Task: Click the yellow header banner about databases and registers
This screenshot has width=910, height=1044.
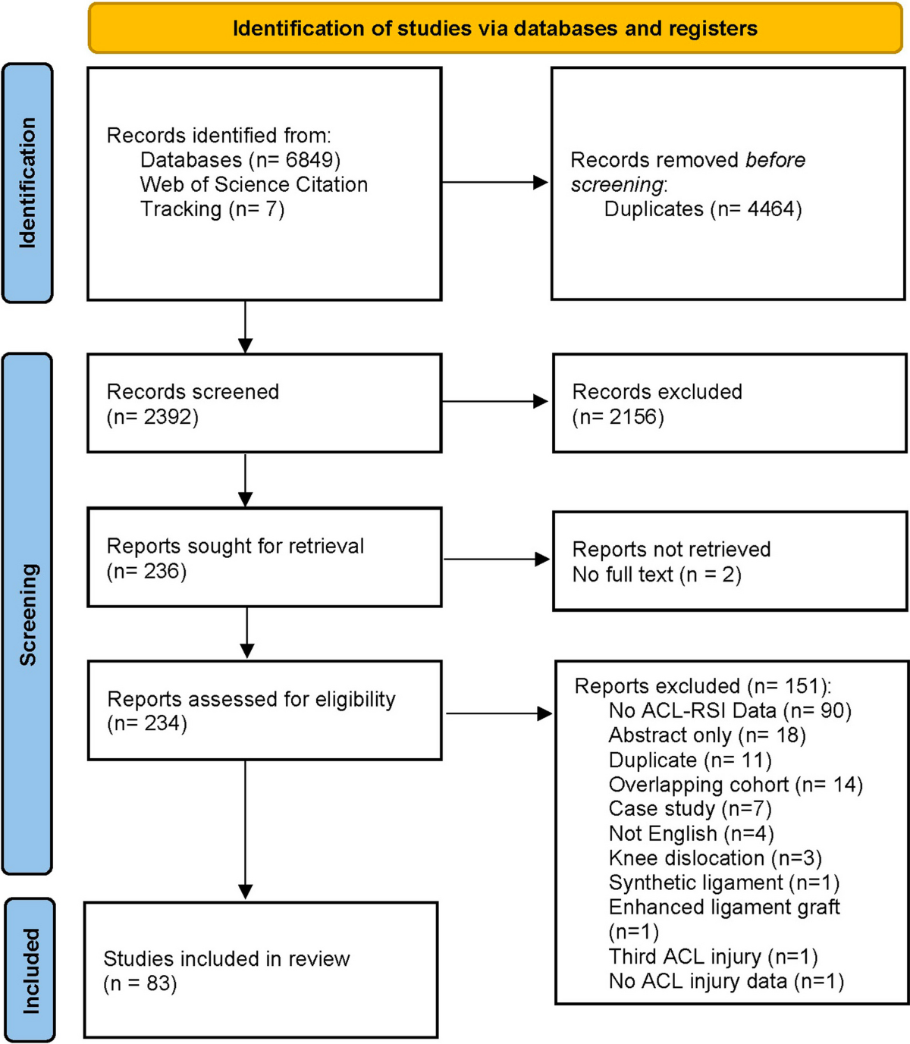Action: click(x=494, y=29)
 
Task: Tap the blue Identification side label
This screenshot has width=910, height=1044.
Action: click(x=28, y=183)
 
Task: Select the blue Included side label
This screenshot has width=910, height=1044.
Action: click(x=30, y=970)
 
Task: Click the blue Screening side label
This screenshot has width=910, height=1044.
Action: click(x=28, y=614)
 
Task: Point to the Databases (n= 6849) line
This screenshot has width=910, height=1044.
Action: click(x=240, y=160)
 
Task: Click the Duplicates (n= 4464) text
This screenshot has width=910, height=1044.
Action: click(x=702, y=209)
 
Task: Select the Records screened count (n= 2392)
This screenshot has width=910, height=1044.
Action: click(x=152, y=417)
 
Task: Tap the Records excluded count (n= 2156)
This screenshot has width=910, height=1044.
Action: click(x=618, y=417)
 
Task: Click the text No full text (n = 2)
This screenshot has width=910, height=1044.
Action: click(x=657, y=575)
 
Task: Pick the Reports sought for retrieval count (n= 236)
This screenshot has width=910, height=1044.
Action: click(x=146, y=571)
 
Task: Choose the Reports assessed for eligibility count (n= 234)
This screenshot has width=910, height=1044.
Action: click(x=147, y=723)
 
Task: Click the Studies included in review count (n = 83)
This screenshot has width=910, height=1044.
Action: click(x=140, y=983)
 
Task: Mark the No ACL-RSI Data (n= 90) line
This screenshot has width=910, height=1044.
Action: click(x=730, y=710)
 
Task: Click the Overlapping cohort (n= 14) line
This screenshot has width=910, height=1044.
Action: click(x=736, y=785)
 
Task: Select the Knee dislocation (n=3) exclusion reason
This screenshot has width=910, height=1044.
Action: click(x=715, y=858)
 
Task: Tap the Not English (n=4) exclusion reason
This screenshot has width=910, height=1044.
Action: click(x=691, y=834)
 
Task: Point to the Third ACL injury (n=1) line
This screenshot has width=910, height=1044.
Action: click(x=713, y=957)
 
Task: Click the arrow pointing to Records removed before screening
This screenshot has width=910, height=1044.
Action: click(x=495, y=182)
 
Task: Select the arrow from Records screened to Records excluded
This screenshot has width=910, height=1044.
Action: click(x=495, y=401)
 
